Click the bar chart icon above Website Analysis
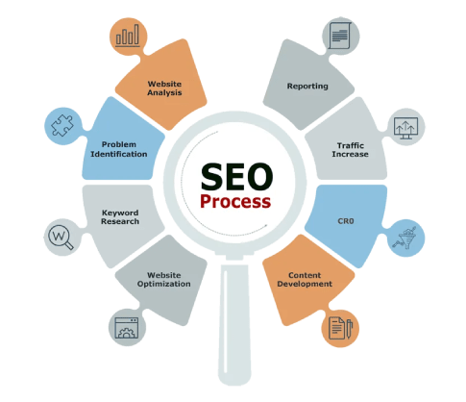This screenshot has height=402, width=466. tap(128, 36)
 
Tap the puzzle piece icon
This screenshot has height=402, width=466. tap(62, 125)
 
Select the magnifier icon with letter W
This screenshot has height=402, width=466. tap(61, 238)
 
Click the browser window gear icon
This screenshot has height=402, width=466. tap(127, 328)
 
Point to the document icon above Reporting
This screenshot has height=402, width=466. tap(340, 36)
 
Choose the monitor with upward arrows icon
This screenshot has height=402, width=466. tap(405, 128)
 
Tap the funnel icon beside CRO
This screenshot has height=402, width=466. tap(405, 238)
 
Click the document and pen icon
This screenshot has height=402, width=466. tap(340, 328)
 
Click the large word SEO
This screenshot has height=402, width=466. tap(236, 176)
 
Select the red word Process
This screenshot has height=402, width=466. tap(235, 202)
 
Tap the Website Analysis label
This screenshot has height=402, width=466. tap(164, 88)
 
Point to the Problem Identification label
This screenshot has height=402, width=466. tap(119, 149)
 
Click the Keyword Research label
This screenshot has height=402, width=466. tap(120, 217)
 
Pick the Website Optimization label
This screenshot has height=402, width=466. tap(164, 280)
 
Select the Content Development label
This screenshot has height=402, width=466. tap(305, 280)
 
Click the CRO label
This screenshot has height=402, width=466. tap(346, 221)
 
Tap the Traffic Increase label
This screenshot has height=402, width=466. tap(351, 150)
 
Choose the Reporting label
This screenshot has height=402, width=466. tap(307, 87)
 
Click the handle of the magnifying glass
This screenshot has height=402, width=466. tap(234, 324)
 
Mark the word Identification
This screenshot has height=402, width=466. tap(119, 154)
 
